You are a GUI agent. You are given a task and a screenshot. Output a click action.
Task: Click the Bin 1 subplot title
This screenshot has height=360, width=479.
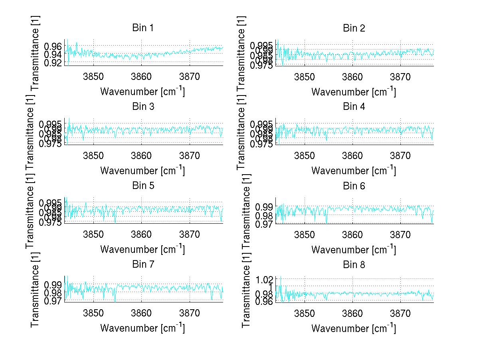(x=143, y=28)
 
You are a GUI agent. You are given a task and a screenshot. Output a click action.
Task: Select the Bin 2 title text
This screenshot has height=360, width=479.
(x=354, y=28)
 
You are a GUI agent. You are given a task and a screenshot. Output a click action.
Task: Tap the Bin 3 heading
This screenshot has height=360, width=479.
(x=143, y=107)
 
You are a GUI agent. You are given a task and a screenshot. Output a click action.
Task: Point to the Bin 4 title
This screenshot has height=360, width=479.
(x=354, y=107)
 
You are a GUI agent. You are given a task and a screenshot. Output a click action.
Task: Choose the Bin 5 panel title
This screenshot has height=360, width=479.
(x=143, y=186)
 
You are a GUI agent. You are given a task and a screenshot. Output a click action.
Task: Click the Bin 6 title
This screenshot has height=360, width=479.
(x=354, y=186)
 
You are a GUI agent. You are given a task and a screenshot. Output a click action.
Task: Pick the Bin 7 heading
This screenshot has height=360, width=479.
(x=143, y=265)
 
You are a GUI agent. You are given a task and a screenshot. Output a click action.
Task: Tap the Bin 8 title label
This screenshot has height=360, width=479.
(x=354, y=265)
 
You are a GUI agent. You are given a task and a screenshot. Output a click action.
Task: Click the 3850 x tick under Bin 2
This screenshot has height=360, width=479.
(x=305, y=77)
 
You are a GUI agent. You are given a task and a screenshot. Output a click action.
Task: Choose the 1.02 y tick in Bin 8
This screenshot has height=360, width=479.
(x=264, y=279)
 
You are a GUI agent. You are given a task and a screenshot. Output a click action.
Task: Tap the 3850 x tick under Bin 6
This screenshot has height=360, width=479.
(x=305, y=235)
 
